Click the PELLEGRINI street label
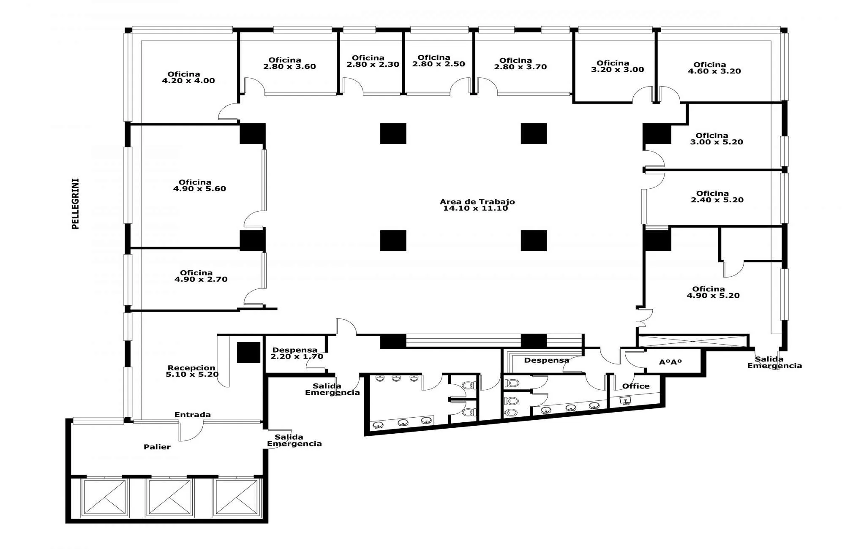(x=76, y=204)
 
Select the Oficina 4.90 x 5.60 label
(x=199, y=185)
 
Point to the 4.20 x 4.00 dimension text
(x=188, y=81)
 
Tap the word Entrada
(x=193, y=415)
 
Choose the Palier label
(x=157, y=447)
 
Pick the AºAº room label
(x=671, y=362)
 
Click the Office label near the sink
(x=636, y=386)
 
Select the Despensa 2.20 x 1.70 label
(x=297, y=353)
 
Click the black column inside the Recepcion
(x=248, y=353)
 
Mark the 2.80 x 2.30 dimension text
(x=373, y=65)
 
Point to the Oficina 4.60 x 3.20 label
(x=714, y=68)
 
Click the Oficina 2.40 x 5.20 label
(x=717, y=197)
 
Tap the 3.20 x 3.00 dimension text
(x=617, y=70)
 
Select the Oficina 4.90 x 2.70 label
(x=201, y=276)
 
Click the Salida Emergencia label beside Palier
(x=294, y=440)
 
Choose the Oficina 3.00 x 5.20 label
(x=717, y=139)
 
